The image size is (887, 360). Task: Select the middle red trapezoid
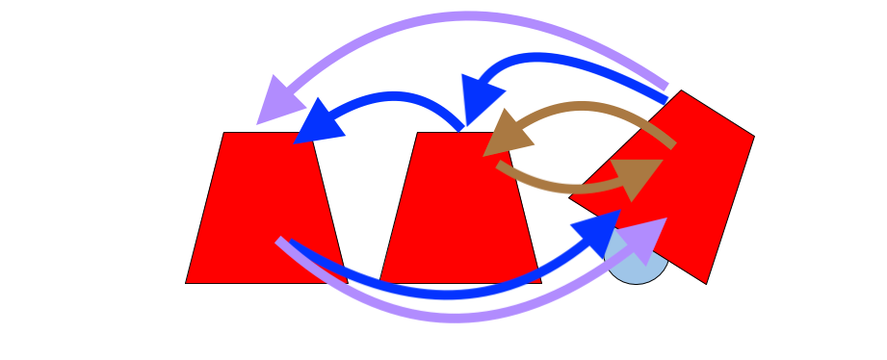453,207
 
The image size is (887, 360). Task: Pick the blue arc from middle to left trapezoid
395,96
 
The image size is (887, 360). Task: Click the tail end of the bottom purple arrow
280,241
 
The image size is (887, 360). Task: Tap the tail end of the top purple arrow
665,87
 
